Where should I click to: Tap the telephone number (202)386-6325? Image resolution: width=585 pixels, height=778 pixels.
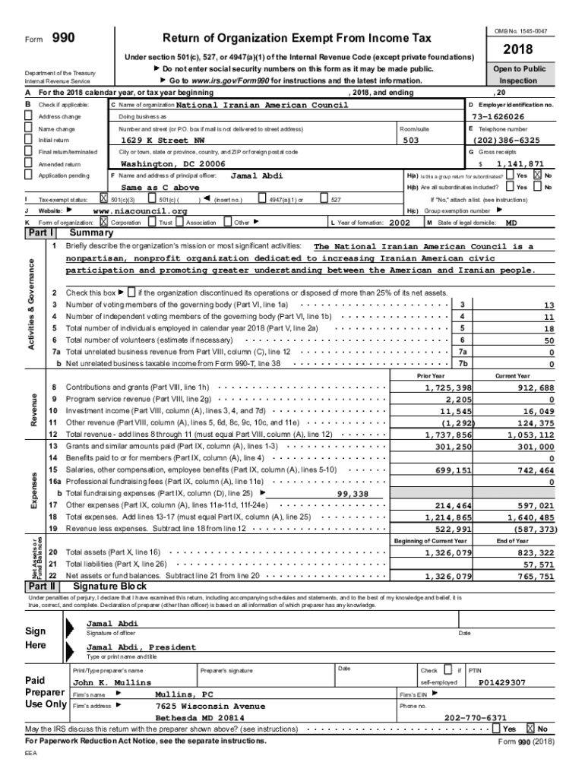[x=507, y=141]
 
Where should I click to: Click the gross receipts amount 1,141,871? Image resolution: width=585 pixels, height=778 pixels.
[x=520, y=163]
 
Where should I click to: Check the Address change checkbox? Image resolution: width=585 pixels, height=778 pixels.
[x=29, y=117]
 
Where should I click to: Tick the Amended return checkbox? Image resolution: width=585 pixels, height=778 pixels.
[x=29, y=163]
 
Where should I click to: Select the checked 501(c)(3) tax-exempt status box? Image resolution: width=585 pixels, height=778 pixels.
[x=104, y=199]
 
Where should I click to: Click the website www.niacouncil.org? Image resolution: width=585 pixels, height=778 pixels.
[x=139, y=210]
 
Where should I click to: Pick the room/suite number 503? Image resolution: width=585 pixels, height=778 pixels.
[x=410, y=141]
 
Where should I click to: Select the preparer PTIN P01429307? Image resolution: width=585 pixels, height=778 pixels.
[x=502, y=683]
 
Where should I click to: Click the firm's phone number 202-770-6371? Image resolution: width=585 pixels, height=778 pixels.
[x=476, y=717]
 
